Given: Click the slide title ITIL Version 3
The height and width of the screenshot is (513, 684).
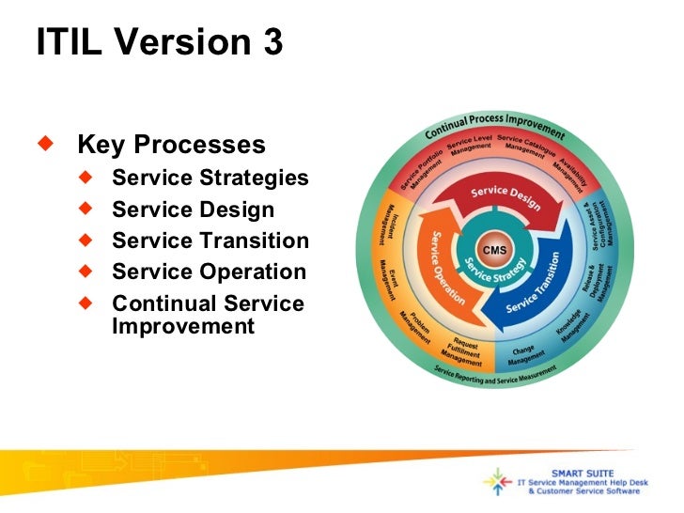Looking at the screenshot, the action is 159,43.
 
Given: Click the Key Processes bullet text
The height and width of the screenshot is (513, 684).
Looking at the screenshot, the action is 171,146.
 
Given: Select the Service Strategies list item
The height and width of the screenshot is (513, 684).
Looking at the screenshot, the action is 210,178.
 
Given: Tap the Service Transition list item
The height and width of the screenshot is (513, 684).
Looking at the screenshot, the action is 210,241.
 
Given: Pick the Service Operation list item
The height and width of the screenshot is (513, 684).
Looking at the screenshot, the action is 209,272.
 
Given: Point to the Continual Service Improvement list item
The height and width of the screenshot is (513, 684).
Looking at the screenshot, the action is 208,315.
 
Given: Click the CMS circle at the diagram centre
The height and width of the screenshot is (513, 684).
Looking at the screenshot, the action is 494,250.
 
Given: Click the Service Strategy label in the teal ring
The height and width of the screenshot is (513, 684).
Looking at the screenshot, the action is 494,278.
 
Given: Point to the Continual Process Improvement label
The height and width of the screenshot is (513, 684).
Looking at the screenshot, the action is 494,128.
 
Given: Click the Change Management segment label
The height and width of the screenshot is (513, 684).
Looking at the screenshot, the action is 524,355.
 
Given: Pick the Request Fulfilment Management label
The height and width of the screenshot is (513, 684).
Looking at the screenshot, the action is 462,351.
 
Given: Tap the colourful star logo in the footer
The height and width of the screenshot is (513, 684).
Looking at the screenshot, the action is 498,481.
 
